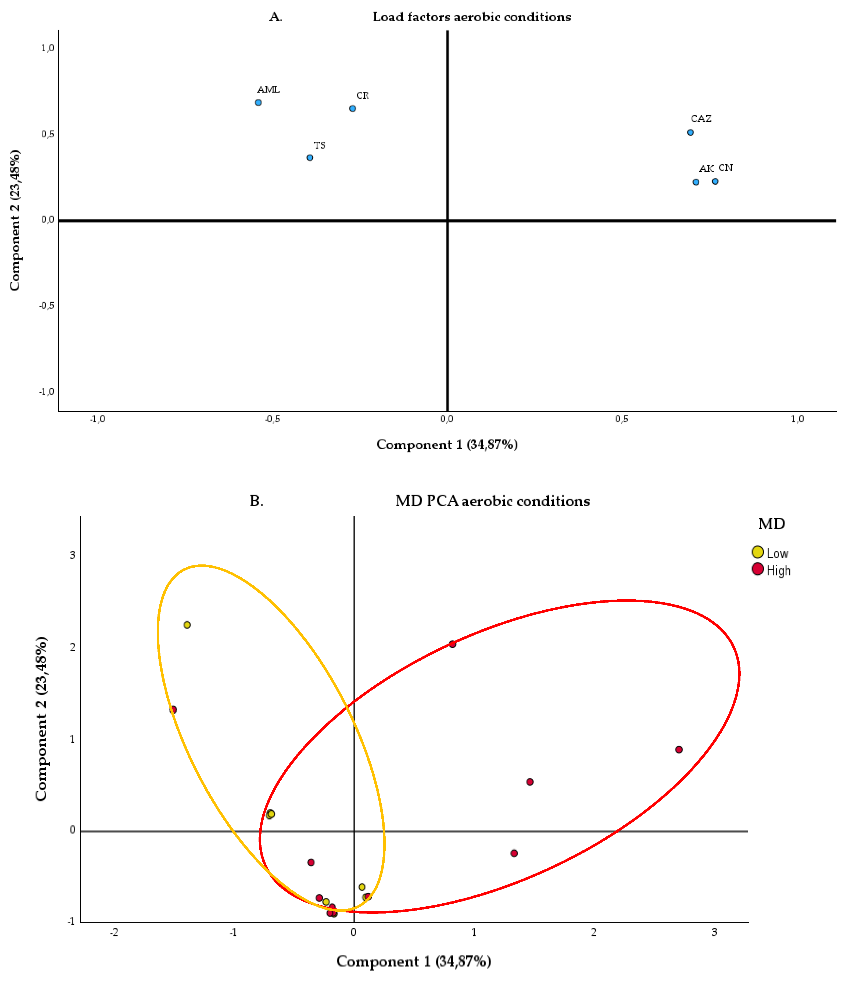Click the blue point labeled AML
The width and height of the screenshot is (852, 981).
(x=258, y=102)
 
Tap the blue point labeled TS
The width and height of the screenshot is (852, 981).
(x=310, y=157)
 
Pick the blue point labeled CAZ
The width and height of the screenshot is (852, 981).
(x=690, y=132)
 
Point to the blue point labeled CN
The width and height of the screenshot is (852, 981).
(x=715, y=181)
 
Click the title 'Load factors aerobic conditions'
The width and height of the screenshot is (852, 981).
(x=472, y=17)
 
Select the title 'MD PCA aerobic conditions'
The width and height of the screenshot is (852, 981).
(x=493, y=501)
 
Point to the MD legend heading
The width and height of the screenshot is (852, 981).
(x=771, y=524)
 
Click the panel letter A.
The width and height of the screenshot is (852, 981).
(x=276, y=17)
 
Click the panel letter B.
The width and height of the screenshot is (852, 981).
(x=256, y=501)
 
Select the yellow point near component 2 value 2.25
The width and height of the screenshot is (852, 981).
(x=187, y=624)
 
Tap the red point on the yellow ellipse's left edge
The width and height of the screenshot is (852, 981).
(x=173, y=710)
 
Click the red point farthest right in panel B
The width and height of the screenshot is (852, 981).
(x=679, y=749)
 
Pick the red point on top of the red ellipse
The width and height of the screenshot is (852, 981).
(x=452, y=644)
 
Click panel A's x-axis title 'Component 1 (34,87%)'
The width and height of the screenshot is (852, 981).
(x=447, y=445)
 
